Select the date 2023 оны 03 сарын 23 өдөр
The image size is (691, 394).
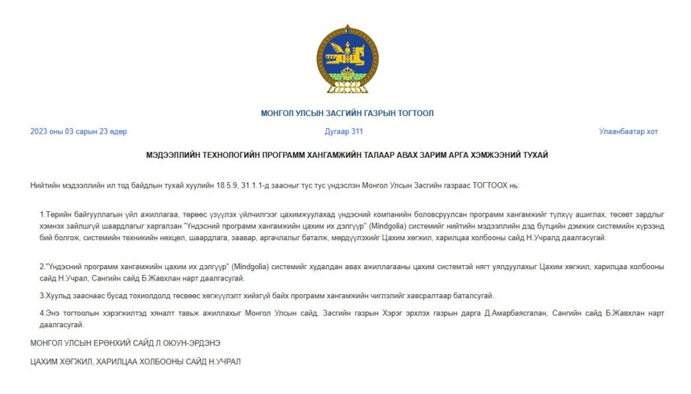click(78, 132)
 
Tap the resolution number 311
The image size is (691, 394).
click(356, 132)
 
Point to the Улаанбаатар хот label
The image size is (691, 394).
click(628, 132)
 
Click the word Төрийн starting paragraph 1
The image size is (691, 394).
click(57, 214)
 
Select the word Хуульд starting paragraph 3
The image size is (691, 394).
click(59, 295)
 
